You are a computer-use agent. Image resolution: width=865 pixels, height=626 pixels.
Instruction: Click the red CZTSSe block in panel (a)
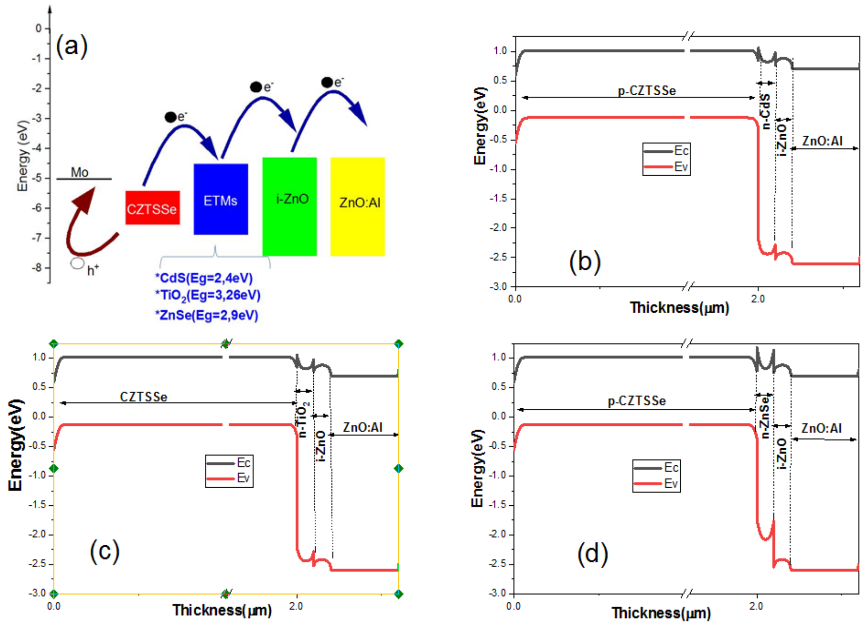[152, 208]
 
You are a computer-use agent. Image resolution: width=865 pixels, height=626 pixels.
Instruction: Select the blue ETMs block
[221, 199]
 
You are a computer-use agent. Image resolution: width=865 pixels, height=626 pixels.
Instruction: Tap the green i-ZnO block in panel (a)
[289, 206]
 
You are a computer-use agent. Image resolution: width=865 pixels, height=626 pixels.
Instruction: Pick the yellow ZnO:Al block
[357, 206]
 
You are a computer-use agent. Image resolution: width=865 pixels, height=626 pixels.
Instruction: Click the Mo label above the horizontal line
[79, 172]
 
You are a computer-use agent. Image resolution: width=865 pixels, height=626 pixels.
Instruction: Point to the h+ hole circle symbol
[77, 263]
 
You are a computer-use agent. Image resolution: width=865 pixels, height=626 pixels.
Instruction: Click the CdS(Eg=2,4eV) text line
[204, 278]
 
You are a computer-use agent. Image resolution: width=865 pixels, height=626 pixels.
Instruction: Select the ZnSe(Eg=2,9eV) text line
[207, 315]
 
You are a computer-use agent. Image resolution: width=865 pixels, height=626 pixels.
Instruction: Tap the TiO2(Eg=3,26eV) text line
[208, 296]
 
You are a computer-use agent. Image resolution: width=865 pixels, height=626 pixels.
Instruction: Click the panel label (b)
[585, 262]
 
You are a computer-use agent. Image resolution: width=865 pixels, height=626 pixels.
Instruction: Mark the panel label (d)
[592, 554]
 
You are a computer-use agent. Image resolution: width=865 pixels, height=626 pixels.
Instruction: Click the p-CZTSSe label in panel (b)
[647, 91]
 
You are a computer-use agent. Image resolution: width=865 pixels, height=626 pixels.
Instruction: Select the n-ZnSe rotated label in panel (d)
[765, 417]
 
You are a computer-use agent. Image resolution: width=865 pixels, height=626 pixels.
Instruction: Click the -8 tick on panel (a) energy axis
[37, 268]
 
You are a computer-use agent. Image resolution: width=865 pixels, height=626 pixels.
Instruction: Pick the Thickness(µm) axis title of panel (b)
[679, 307]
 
